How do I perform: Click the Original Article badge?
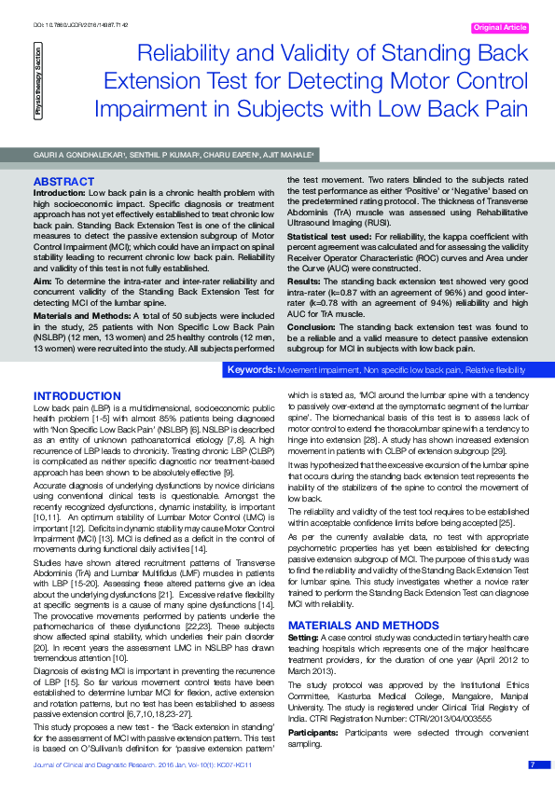point(501,28)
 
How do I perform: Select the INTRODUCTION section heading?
point(76,396)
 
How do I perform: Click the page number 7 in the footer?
point(533,764)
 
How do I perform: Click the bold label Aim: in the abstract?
point(42,280)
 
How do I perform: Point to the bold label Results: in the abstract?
point(305,280)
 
